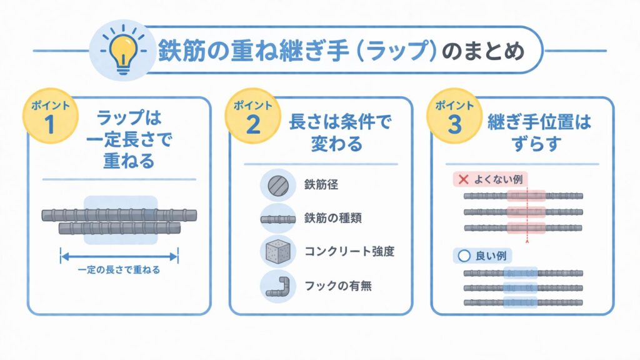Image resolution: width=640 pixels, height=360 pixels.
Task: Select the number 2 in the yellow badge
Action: coord(253,124)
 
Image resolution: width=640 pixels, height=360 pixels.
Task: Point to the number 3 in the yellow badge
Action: coord(454,124)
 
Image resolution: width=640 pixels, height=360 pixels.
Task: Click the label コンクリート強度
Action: coord(349,252)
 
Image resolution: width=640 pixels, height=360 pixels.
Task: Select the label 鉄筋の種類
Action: coord(331,219)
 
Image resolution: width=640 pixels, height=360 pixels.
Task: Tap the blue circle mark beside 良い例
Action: coord(463,256)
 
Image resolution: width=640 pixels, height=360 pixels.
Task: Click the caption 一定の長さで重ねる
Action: coord(119,270)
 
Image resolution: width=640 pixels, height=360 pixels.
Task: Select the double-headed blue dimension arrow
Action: coord(119,254)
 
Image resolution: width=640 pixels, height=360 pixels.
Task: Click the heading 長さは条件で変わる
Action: coord(340,133)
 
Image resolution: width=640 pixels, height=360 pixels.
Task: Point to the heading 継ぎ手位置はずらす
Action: coord(538,133)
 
